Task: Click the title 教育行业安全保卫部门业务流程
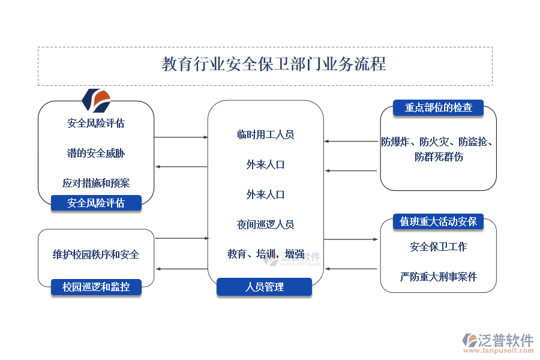tap(274, 64)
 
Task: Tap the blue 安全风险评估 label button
tap(96, 203)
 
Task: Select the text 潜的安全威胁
tap(96, 153)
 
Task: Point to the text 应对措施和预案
tap(96, 183)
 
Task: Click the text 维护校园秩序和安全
tap(96, 254)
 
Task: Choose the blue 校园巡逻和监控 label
tap(96, 287)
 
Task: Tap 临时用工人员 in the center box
tap(265, 134)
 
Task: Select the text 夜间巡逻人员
tap(265, 224)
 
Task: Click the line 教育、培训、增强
tap(265, 254)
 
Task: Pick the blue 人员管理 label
tap(265, 287)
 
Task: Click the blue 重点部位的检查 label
tap(438, 108)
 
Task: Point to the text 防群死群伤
tap(439, 157)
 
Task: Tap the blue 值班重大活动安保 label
tap(438, 221)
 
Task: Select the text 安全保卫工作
tap(439, 247)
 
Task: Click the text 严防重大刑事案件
tap(439, 277)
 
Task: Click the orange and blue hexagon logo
tap(96, 101)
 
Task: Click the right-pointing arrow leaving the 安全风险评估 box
tap(181, 137)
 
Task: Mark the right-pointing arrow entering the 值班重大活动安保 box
tap(351, 239)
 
